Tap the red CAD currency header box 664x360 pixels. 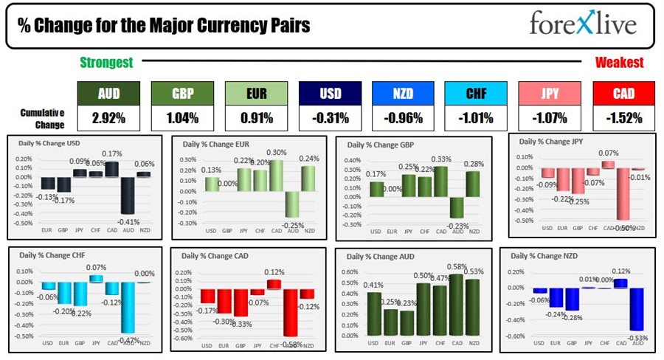tap(623, 94)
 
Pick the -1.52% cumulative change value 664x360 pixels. tap(623, 117)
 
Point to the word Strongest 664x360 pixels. tap(106, 63)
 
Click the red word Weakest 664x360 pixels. tap(619, 63)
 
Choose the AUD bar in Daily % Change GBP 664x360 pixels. tap(457, 207)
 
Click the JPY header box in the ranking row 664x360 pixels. tap(550, 94)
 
